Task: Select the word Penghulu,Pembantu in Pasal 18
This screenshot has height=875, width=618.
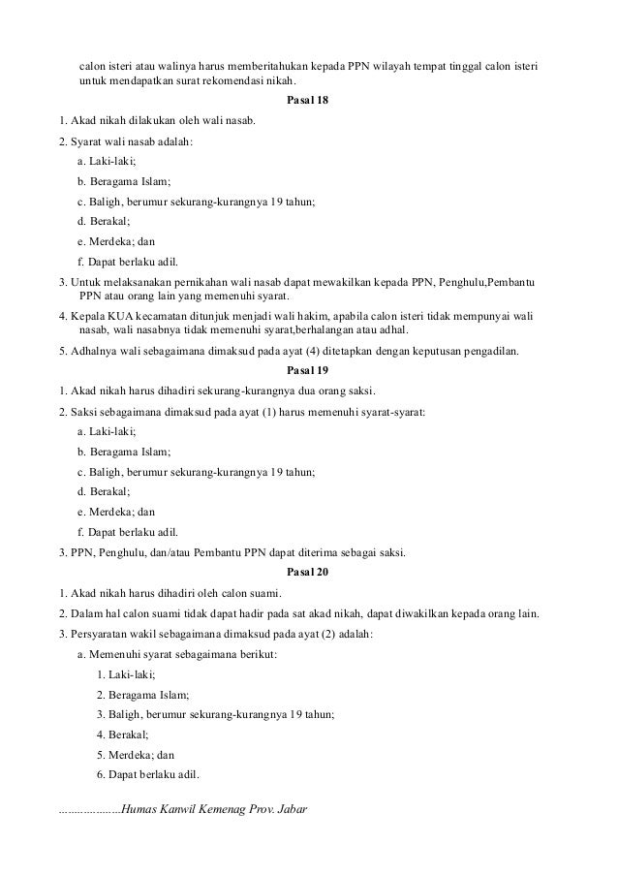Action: tap(498, 281)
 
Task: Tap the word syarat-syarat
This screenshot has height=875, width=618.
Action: tap(391, 412)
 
